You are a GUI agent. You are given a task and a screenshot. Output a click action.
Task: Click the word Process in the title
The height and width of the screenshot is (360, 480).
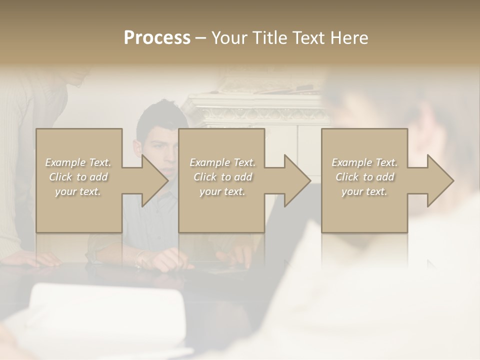pyautogui.click(x=157, y=38)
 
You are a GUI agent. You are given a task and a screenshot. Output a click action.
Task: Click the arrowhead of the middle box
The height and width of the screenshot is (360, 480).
pyautogui.click(x=296, y=180)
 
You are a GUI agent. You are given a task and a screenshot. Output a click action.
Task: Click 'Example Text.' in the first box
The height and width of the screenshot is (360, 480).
pyautogui.click(x=78, y=162)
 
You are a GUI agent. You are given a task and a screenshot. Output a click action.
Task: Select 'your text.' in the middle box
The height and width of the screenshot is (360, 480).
pyautogui.click(x=222, y=191)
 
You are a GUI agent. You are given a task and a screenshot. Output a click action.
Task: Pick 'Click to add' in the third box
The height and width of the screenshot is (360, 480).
pyautogui.click(x=364, y=177)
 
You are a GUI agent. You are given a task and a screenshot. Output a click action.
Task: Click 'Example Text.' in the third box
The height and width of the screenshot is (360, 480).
pyautogui.click(x=364, y=162)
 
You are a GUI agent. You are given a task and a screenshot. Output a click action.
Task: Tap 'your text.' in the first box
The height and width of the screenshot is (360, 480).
pyautogui.click(x=78, y=191)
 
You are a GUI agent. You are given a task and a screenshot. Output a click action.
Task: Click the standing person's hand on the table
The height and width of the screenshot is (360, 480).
pyautogui.click(x=37, y=258)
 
